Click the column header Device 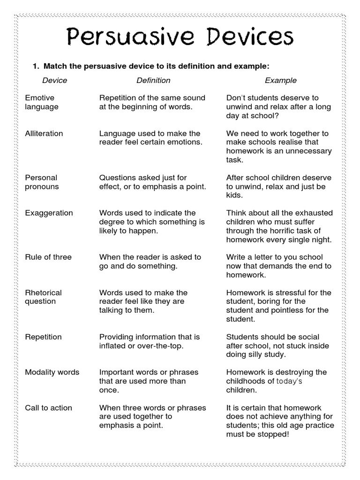[54, 80]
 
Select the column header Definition [153, 80]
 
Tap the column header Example [280, 80]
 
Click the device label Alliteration [44, 134]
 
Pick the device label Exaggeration [49, 213]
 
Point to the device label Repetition [43, 337]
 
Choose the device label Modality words [52, 372]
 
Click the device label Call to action [48, 408]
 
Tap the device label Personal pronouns [42, 182]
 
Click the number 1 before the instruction [34, 66]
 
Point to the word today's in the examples [289, 381]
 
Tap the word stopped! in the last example [274, 434]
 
